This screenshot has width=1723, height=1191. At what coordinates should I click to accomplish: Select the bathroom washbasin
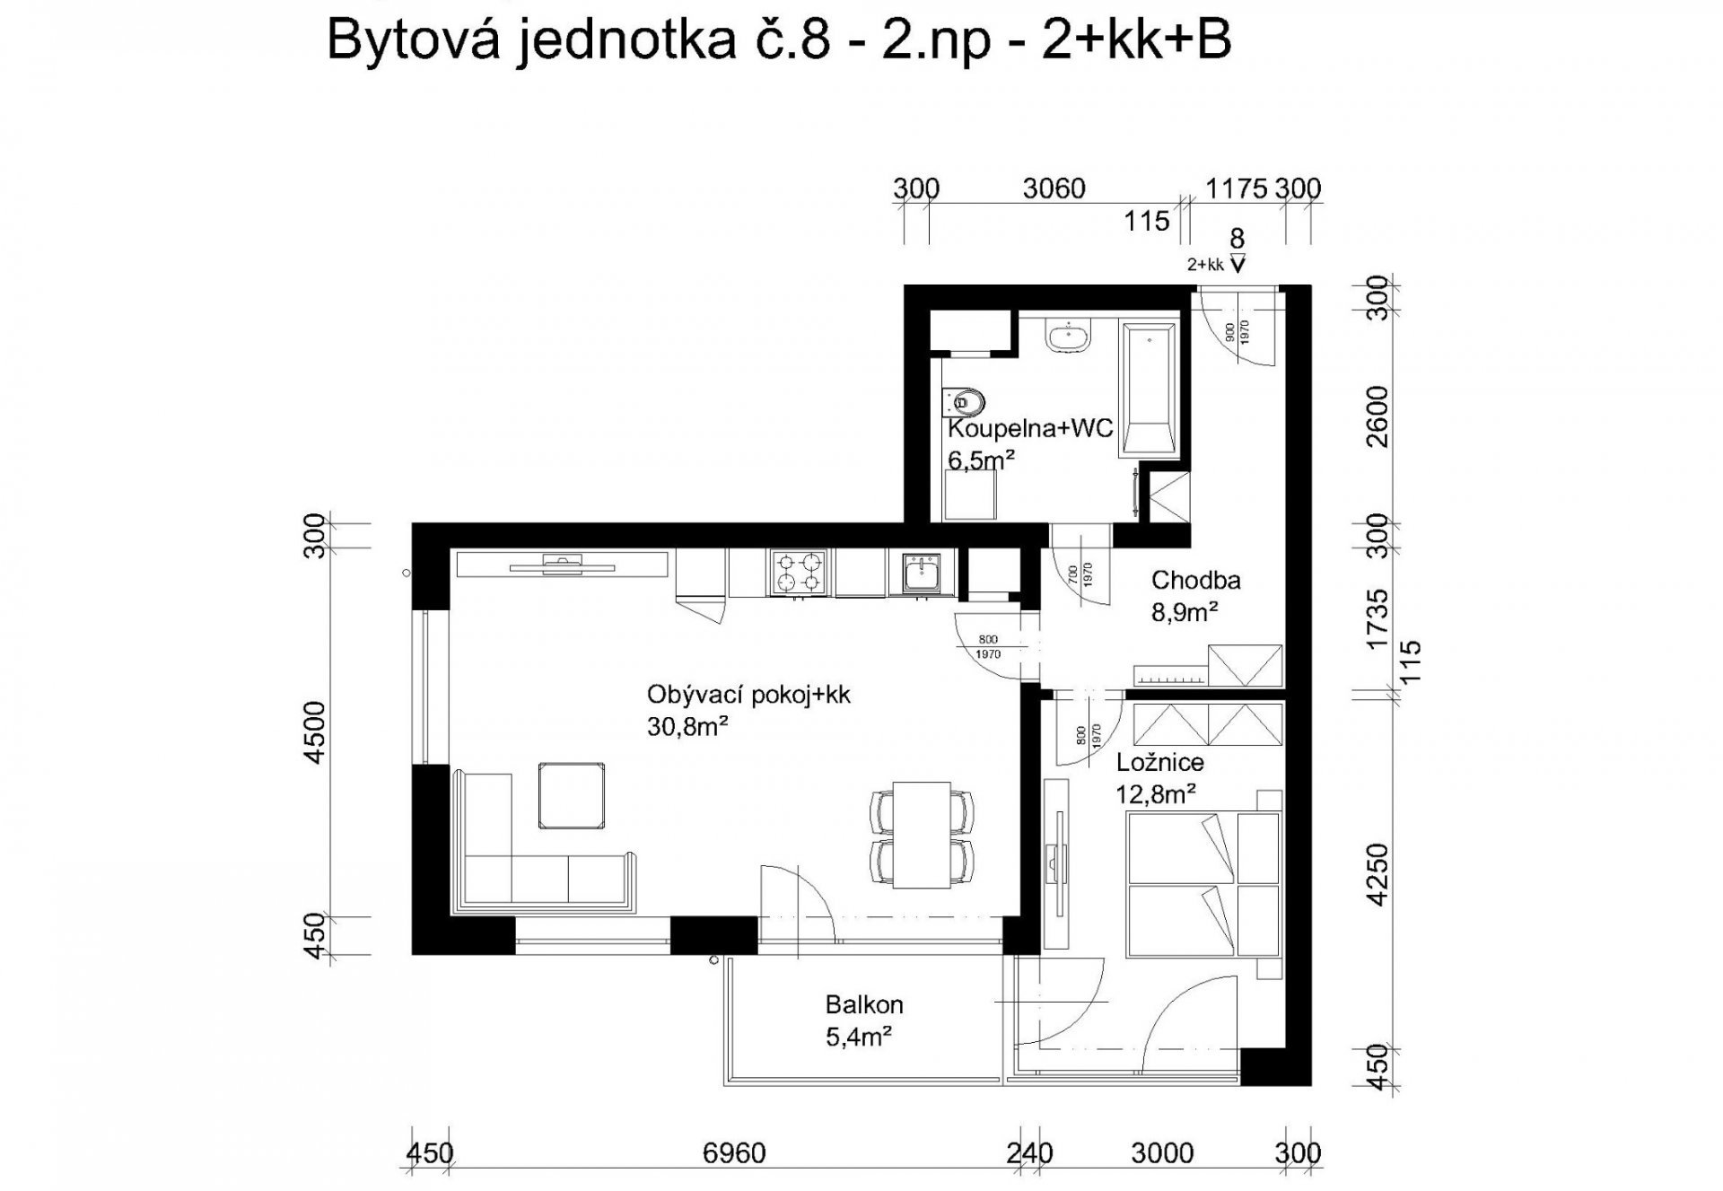point(1068,337)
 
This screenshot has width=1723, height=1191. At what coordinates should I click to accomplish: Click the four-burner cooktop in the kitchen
point(800,573)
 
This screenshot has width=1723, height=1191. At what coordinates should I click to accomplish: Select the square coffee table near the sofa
point(571,795)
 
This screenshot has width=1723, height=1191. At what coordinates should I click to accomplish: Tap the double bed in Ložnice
point(1203,884)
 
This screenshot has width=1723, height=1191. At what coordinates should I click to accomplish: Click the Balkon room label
point(864,1004)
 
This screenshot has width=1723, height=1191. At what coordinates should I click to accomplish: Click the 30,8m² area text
point(687,726)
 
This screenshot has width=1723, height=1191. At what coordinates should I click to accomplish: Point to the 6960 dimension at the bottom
point(735,1152)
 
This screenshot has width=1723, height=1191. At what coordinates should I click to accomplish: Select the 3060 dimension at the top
point(1054,188)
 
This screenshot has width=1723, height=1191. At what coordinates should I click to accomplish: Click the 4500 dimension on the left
point(315,732)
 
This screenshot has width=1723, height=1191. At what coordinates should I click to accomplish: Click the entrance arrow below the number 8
point(1238,264)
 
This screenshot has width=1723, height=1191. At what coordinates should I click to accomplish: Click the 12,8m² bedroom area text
point(1156,793)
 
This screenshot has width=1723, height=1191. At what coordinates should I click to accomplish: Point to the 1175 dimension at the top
point(1237,188)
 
